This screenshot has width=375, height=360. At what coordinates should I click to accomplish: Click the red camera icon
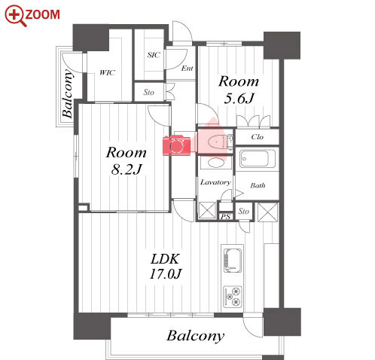pyautogui.click(x=176, y=145)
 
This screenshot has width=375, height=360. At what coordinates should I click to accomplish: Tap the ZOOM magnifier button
pyautogui.click(x=32, y=16)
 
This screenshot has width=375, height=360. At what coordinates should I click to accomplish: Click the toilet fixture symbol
pyautogui.click(x=218, y=142)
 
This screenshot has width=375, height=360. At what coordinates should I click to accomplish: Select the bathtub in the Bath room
pyautogui.click(x=258, y=159)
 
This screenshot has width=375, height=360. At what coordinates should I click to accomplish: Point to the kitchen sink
pyautogui.click(x=233, y=261)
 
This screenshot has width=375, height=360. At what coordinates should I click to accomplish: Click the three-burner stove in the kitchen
pyautogui.click(x=233, y=297)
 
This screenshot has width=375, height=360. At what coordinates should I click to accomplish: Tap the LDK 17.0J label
pyautogui.click(x=166, y=267)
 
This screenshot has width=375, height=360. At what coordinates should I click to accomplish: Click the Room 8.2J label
pyautogui.click(x=127, y=160)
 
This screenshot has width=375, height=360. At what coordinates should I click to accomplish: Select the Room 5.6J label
pyautogui.click(x=239, y=90)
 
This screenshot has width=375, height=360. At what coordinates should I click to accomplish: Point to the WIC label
pyautogui.click(x=107, y=72)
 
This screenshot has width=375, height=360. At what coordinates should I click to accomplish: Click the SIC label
pyautogui.click(x=154, y=55)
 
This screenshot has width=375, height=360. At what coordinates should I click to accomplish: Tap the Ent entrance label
pyautogui.click(x=187, y=68)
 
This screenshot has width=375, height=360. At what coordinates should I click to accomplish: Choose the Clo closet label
pyautogui.click(x=258, y=137)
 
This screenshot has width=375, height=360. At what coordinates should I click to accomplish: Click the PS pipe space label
pyautogui.click(x=225, y=216)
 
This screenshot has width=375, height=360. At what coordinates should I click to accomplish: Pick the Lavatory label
pyautogui.click(x=215, y=182)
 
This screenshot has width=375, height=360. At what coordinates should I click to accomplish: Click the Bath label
pyautogui.click(x=258, y=185)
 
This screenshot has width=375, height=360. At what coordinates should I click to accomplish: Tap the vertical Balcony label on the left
pyautogui.click(x=67, y=93)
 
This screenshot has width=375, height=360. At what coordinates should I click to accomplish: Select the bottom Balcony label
pyautogui.click(x=196, y=336)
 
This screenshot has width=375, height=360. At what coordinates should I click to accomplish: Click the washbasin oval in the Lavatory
pyautogui.click(x=216, y=163)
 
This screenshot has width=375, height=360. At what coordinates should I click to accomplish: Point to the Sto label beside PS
pyautogui.click(x=243, y=212)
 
